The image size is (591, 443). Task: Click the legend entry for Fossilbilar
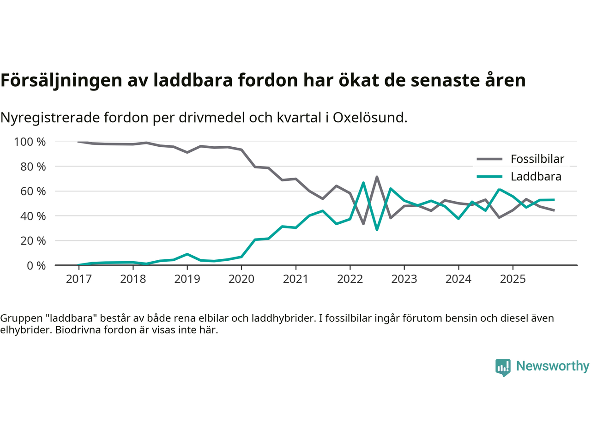[537, 159]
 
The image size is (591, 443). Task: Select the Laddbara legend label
[536, 177]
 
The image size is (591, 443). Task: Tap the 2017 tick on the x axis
[78, 279]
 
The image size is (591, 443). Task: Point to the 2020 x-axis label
[241, 279]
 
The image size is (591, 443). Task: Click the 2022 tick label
[350, 279]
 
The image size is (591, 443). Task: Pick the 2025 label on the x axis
[513, 279]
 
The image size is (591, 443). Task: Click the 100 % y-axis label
[30, 142]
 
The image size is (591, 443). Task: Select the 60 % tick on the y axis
[33, 191]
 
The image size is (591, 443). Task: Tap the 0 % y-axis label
[36, 265]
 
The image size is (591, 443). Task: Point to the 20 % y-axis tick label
[33, 240]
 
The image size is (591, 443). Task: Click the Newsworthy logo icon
[503, 367]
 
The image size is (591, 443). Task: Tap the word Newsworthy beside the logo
[553, 366]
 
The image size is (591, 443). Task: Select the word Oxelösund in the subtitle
[370, 118]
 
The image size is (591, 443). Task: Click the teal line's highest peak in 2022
[364, 183]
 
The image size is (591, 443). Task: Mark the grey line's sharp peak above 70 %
[377, 177]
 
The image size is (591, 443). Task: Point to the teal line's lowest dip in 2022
[377, 229]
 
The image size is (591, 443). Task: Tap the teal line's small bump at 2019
[187, 254]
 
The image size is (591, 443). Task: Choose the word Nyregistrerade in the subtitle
[49, 118]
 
